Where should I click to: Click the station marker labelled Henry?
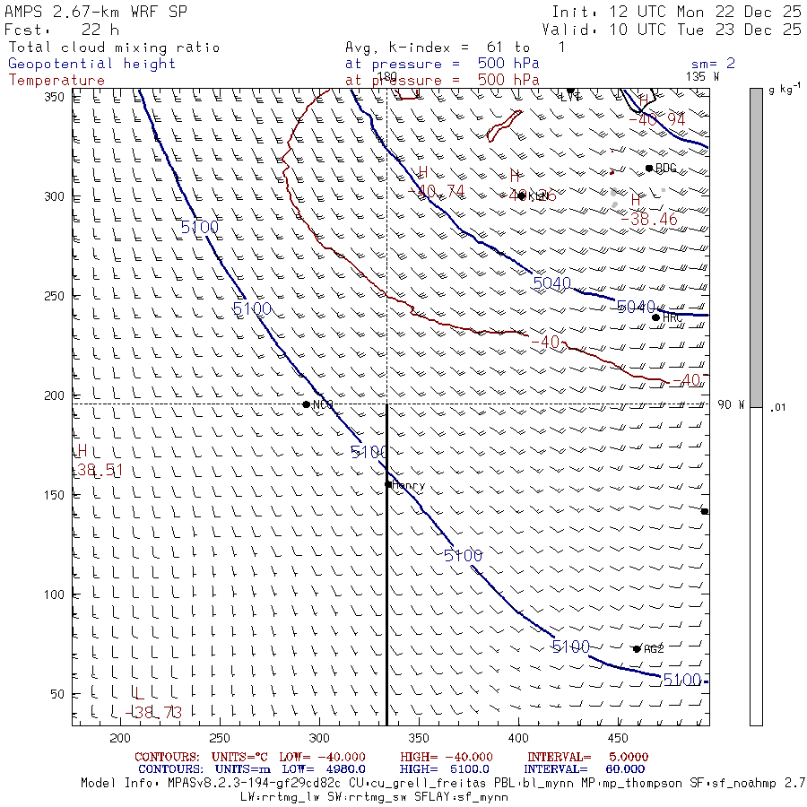click(388, 484)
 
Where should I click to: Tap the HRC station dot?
click(655, 317)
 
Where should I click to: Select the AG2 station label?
click(654, 649)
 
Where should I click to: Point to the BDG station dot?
click(649, 168)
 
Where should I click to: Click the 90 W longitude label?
click(731, 404)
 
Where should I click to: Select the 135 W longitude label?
click(702, 76)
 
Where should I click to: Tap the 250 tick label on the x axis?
click(219, 738)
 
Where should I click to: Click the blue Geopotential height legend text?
click(91, 64)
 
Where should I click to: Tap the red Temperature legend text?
click(56, 80)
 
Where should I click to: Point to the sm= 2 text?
click(713, 64)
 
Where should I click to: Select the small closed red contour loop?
click(504, 125)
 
